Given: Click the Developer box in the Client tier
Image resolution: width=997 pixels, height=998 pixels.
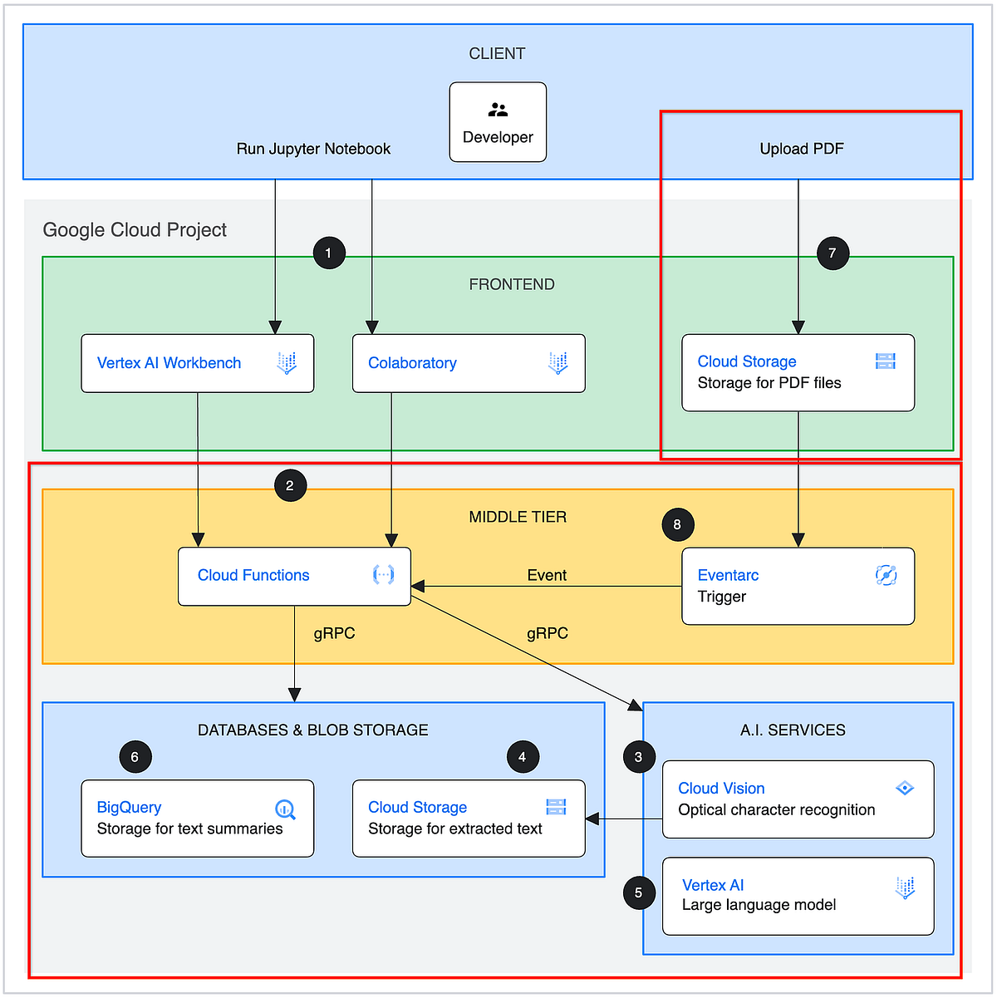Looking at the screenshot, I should tap(498, 122).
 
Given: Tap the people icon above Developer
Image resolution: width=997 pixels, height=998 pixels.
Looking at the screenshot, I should tap(498, 110).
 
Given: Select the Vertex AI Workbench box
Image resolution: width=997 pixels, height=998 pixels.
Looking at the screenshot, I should tap(197, 363).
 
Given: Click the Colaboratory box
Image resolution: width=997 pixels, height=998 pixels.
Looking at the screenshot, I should tap(469, 363).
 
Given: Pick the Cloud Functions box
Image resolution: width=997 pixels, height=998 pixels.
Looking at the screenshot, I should tap(294, 576).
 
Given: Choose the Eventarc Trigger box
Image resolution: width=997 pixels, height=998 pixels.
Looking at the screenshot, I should tap(798, 586).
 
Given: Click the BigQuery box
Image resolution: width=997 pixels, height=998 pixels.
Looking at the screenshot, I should tap(197, 818).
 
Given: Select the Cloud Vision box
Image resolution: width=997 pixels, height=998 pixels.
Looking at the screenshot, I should tap(798, 799).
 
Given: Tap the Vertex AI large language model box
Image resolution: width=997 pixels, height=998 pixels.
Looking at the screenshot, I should tap(798, 896).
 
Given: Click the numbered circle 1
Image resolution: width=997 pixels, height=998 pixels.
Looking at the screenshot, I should tap(329, 253).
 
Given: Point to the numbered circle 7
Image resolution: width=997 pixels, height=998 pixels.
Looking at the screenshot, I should tap(832, 253).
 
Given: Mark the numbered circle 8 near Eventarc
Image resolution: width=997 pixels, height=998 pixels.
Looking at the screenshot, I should tap(677, 524).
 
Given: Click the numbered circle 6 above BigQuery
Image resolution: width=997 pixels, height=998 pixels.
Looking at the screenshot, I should tap(135, 757).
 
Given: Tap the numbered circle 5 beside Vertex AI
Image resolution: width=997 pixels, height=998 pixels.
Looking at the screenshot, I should tap(638, 892).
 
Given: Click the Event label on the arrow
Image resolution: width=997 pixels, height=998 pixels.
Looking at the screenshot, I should tap(547, 575).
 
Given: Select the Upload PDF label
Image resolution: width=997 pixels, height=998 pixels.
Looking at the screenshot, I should tap(801, 149).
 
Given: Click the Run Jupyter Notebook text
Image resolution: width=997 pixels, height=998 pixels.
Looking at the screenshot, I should tap(313, 149).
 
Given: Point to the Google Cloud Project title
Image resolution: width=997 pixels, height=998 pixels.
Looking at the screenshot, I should tap(135, 230).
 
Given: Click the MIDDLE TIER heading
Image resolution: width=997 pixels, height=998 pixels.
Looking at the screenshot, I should tap(518, 517).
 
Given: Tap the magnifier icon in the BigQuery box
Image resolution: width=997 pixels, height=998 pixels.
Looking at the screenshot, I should tap(285, 809).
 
